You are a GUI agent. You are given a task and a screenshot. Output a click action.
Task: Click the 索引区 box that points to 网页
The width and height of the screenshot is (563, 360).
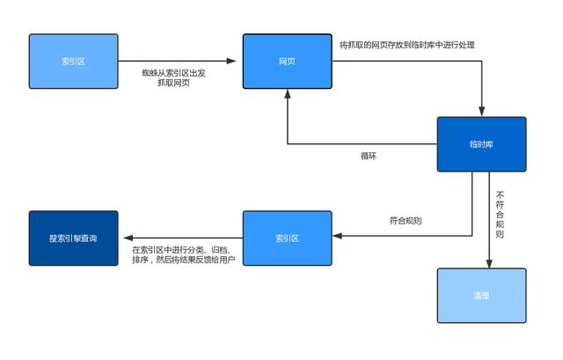pyautogui.click(x=73, y=61)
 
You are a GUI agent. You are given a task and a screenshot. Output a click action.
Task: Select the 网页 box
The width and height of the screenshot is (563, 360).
pyautogui.click(x=287, y=61)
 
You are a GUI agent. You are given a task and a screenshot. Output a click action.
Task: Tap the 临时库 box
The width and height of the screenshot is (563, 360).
pyautogui.click(x=481, y=143)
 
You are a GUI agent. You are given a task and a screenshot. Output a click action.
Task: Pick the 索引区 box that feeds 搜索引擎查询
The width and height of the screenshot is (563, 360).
pyautogui.click(x=287, y=238)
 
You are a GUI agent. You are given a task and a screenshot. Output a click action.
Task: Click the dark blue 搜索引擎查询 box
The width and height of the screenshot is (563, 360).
pyautogui.click(x=73, y=238)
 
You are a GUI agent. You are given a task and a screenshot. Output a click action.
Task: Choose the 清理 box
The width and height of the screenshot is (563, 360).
pyautogui.click(x=481, y=296)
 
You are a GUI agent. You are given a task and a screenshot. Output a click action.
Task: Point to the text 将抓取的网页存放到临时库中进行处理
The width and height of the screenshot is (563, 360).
pyautogui.click(x=406, y=44)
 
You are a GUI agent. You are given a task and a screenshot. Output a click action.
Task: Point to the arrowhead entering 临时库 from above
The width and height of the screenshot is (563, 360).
pyautogui.click(x=481, y=112)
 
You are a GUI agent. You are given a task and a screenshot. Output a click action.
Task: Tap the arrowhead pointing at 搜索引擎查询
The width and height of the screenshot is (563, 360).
pyautogui.click(x=126, y=238)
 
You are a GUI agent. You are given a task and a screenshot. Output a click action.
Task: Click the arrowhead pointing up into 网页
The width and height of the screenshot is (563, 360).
pyautogui.click(x=287, y=93)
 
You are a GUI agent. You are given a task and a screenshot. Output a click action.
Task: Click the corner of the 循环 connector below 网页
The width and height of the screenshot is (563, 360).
pyautogui.click(x=287, y=143)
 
